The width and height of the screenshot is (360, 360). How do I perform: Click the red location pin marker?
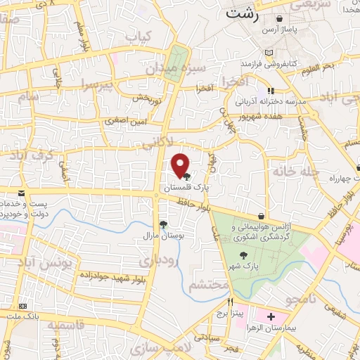point(181,165)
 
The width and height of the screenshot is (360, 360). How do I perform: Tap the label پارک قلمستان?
point(187,188)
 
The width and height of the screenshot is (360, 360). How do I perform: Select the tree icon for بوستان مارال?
point(164,224)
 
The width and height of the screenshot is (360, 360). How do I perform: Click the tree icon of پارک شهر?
point(243,256)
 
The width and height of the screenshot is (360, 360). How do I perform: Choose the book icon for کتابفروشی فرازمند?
point(268,53)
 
